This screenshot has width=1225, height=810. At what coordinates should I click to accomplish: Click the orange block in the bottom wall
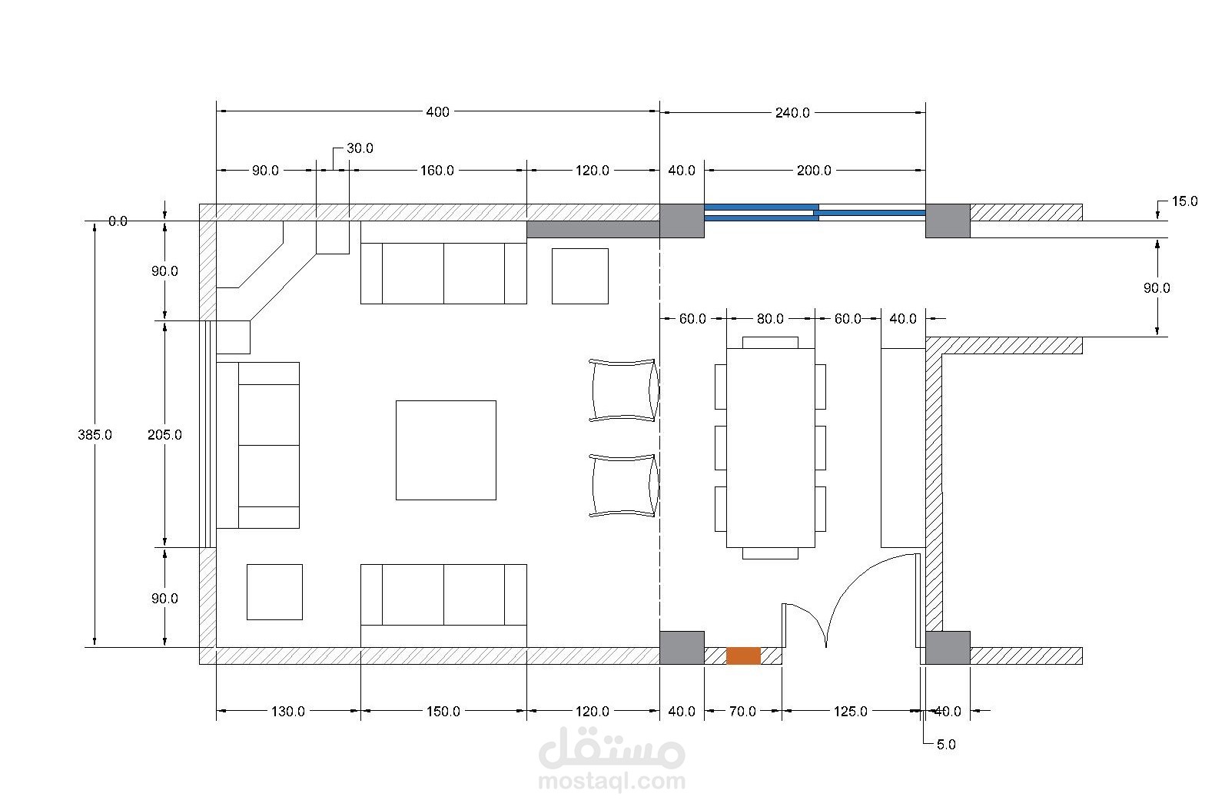[x=743, y=656]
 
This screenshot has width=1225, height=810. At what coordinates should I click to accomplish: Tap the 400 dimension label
[x=437, y=112]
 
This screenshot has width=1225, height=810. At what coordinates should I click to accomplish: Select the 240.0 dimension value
[x=792, y=113]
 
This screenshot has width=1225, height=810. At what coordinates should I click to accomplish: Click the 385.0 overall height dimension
[x=95, y=435]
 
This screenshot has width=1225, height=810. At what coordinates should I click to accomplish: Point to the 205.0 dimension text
[x=164, y=435]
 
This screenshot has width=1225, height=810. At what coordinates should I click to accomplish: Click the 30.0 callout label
[x=360, y=148]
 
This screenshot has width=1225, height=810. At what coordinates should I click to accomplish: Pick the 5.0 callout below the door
[x=946, y=745]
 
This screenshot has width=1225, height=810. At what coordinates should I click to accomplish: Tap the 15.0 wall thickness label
[x=1184, y=201]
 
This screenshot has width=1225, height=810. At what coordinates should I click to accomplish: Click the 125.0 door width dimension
[x=851, y=712]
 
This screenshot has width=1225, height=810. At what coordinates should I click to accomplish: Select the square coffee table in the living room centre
[x=446, y=450]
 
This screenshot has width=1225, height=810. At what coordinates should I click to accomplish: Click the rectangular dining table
[x=771, y=448]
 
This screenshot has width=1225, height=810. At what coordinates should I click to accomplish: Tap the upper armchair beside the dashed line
[x=623, y=390]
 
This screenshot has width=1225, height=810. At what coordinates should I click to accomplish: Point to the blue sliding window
[x=815, y=212]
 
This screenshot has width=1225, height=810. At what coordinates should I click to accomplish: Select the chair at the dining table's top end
[x=770, y=343]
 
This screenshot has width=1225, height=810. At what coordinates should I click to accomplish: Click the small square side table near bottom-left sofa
[x=274, y=592]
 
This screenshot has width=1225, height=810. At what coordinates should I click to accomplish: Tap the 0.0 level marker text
[x=118, y=221]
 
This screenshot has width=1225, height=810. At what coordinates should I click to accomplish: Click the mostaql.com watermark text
[x=612, y=782]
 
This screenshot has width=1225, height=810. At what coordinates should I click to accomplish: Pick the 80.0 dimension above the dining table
[x=770, y=319]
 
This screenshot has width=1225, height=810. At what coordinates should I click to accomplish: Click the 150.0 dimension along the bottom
[x=443, y=712]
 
